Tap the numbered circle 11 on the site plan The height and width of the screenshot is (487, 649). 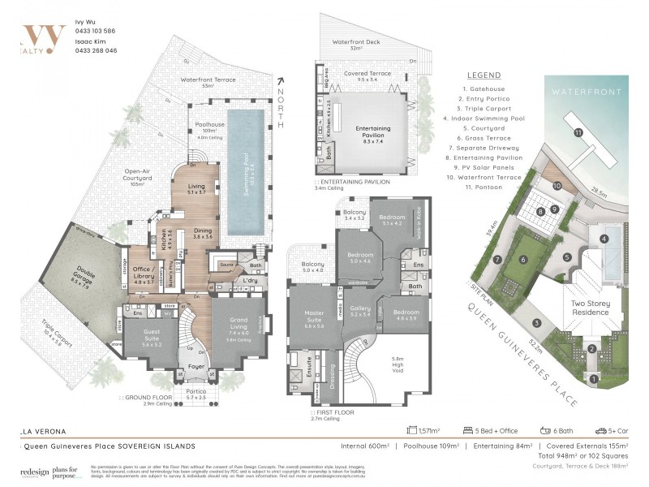[x=578, y=131]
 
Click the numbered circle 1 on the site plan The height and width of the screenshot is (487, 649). [x=594, y=378]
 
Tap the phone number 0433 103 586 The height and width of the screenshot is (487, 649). [x=95, y=30]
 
